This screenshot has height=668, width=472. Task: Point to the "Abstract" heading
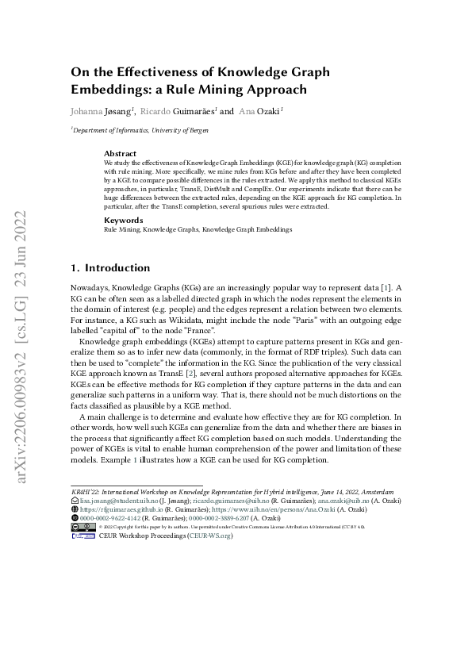pyautogui.click(x=120, y=153)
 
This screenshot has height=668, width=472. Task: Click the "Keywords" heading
pyautogui.click(x=123, y=220)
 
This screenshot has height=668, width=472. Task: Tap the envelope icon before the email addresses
pyautogui.click(x=75, y=501)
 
